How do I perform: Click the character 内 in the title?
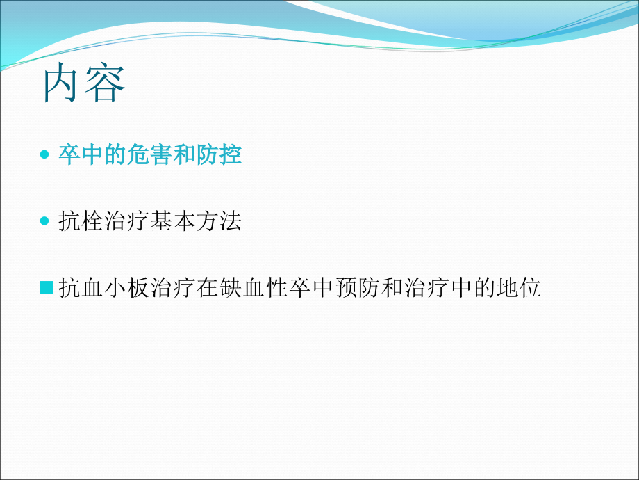(64, 85)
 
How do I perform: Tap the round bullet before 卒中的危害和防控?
(46, 155)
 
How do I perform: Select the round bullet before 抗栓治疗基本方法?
(46, 222)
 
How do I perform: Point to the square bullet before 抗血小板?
(47, 287)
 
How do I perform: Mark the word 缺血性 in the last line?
(254, 288)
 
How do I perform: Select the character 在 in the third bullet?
(208, 288)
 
